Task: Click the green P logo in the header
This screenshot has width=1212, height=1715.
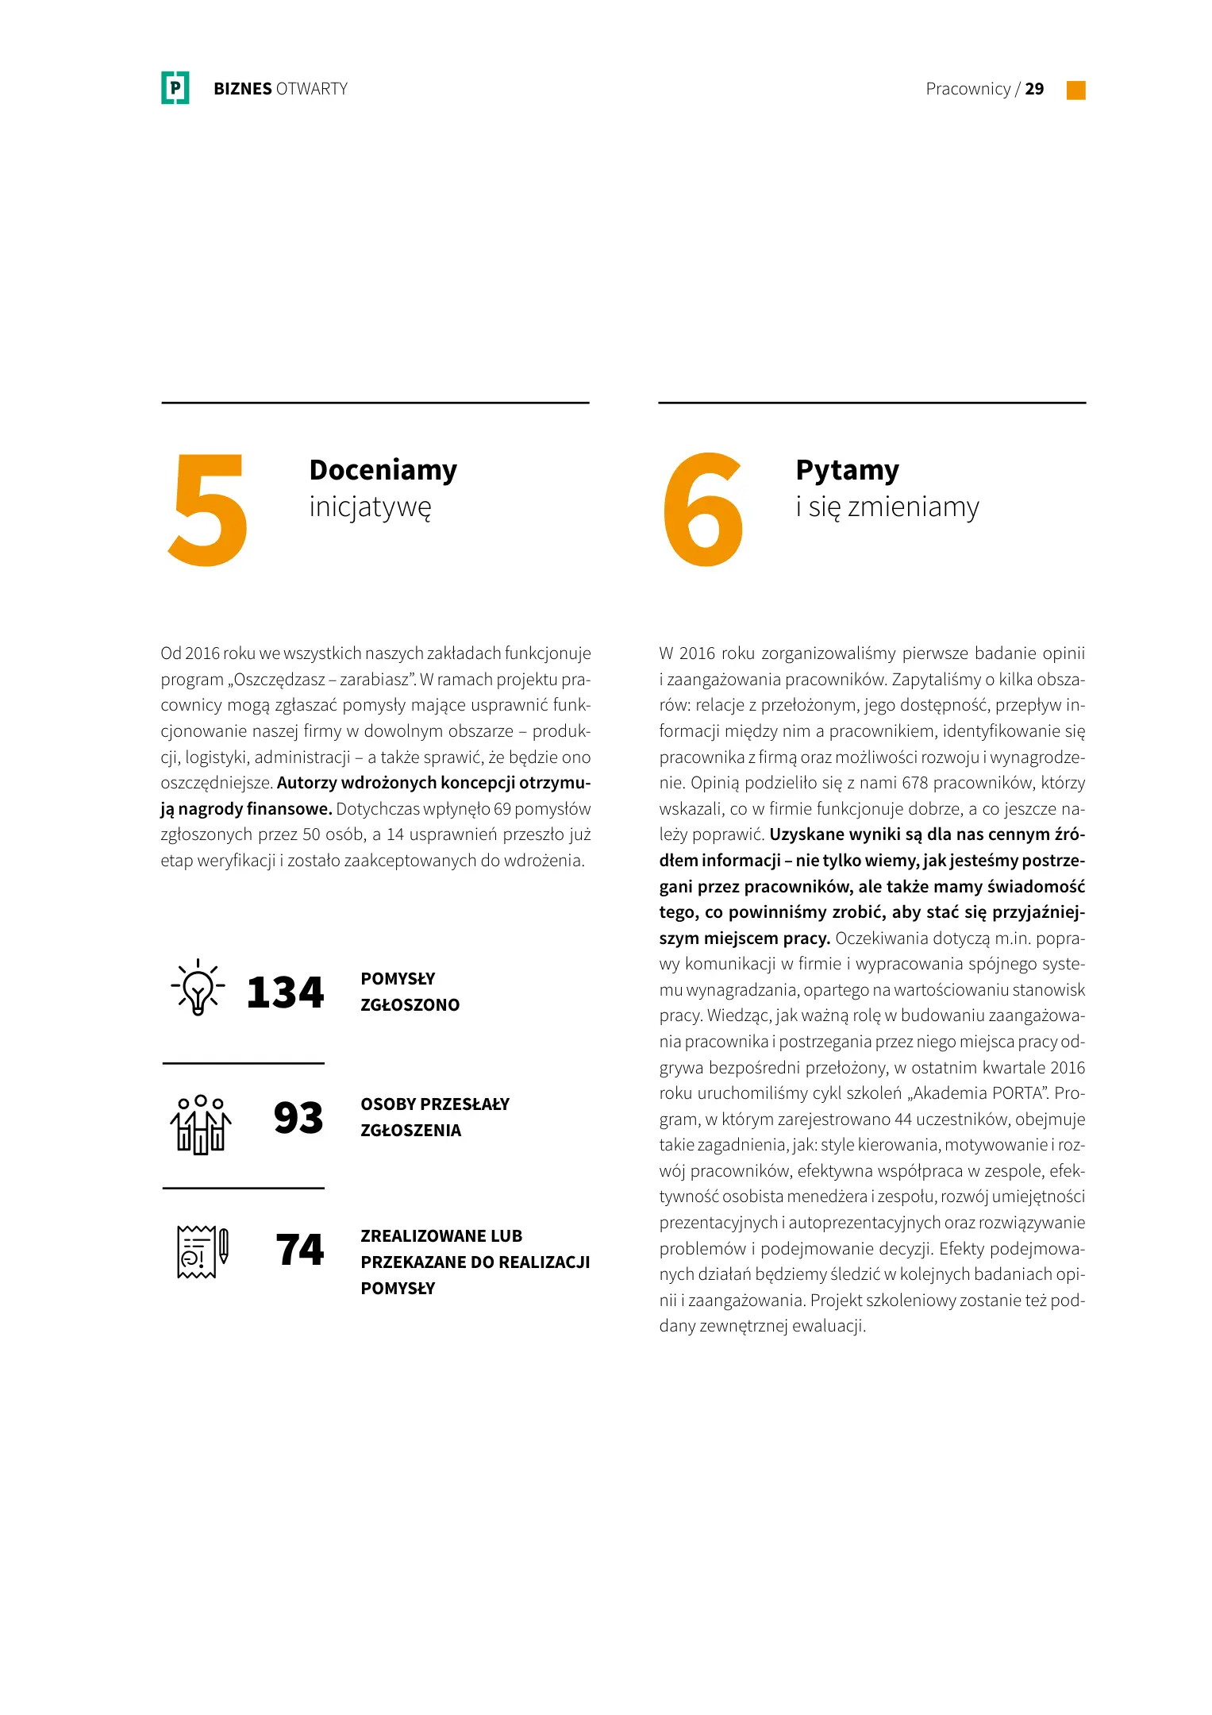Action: pos(175,88)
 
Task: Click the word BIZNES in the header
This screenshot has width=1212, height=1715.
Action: pos(242,89)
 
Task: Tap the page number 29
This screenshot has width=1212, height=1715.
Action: pos(1034,89)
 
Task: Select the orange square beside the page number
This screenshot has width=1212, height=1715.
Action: pos(1075,90)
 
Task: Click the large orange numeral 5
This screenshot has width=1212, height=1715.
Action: pos(208,510)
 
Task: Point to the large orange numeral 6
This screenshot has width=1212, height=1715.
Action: pos(702,510)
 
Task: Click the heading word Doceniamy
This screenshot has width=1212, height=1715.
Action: pos(383,470)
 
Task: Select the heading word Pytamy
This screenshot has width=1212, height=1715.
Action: pos(847,470)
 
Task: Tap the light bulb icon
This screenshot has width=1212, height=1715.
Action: pos(198,989)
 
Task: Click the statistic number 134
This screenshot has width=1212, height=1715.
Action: pos(285,992)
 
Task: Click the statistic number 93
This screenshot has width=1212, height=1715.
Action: pos(298,1118)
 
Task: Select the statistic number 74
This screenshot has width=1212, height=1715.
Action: pos(300,1250)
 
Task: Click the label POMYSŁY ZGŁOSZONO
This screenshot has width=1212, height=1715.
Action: pos(410,992)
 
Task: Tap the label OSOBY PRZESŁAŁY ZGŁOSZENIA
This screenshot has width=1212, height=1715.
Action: pos(434,1117)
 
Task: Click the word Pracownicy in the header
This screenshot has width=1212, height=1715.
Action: pos(968,89)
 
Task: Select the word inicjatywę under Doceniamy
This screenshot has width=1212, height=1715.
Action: pos(370,507)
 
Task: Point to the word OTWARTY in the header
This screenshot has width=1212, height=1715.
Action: pos(312,89)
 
